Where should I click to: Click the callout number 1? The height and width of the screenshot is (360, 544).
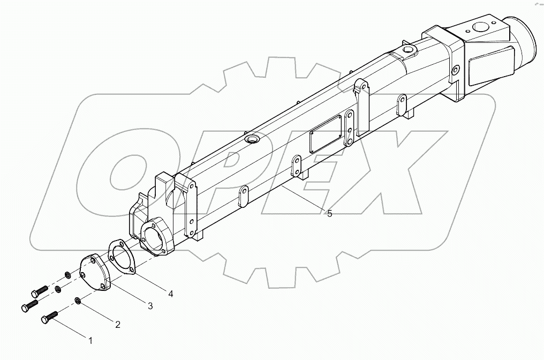[90, 340]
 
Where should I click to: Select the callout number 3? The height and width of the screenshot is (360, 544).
[150, 306]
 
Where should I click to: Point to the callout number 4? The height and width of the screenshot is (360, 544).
[170, 294]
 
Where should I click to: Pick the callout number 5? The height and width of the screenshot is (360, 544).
[330, 214]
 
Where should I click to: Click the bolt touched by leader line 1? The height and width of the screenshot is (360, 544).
[48, 317]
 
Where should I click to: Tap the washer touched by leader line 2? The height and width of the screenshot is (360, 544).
[78, 302]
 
